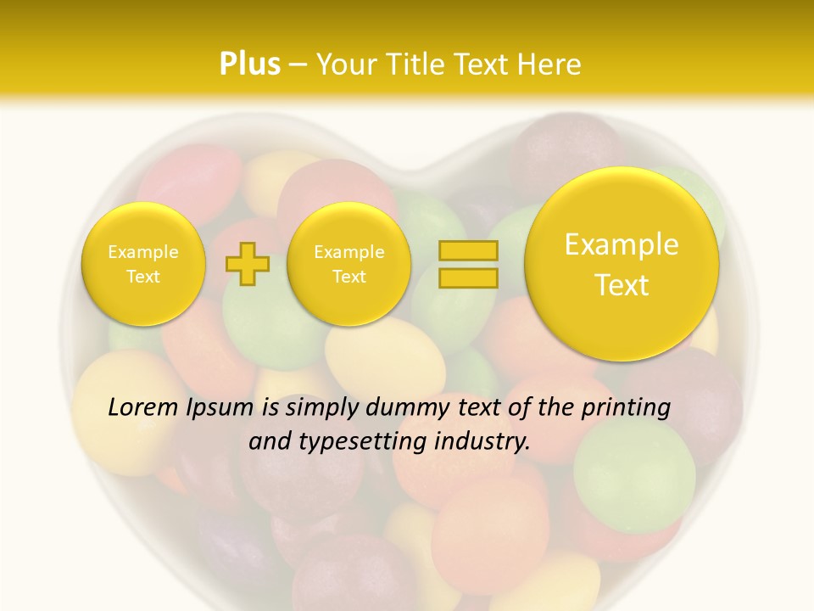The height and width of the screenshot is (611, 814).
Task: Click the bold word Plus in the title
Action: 249,64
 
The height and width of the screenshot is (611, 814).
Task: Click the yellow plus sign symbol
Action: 247,263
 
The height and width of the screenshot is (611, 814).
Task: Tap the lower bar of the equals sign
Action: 467,277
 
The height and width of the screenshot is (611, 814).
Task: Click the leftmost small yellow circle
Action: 143,264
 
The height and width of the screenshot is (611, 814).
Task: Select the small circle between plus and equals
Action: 348,264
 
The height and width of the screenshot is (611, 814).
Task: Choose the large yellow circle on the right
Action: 622,264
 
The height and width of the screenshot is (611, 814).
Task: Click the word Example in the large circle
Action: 622,244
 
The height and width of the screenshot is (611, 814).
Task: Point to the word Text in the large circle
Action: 622,285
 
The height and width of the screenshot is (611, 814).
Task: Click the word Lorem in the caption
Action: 143,407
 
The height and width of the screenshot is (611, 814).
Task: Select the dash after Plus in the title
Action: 297,65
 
